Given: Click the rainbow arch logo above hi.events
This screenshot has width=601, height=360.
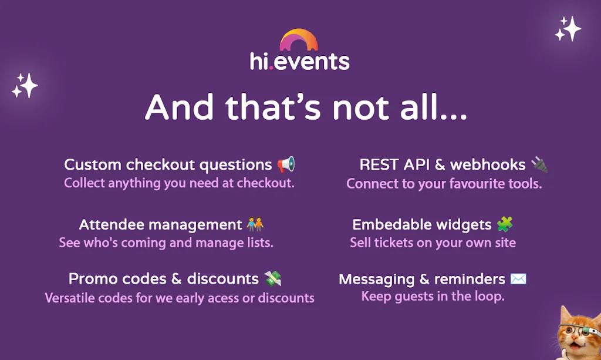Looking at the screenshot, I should tap(299, 40).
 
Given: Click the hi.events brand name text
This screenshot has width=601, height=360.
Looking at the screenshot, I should tap(299, 61).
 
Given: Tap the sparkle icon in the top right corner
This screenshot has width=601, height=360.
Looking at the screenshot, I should tap(568, 29).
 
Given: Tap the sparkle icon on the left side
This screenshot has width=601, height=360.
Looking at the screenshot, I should tap(25, 86).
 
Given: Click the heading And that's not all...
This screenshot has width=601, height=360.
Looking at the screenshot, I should tap(306, 107).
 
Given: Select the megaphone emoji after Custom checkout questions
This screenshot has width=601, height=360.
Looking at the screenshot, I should tap(286, 164).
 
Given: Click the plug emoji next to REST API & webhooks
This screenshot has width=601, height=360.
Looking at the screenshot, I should tap(539, 164).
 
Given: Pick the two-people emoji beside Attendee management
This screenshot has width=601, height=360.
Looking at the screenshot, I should tap(255, 224).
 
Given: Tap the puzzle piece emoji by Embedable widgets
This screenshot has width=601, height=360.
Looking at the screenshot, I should tap(505, 224).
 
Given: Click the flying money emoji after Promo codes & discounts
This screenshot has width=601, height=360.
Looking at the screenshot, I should tap(272, 278).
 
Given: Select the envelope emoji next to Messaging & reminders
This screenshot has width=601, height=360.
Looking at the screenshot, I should tap(518, 279).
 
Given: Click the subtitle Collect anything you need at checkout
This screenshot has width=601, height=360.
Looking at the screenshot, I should tap(179, 183).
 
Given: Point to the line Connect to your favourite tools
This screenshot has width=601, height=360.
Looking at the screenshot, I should tap(444, 184).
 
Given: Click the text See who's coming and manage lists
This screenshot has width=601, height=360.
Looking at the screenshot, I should tap(166, 242).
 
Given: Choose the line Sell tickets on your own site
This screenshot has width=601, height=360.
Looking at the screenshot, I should tap(433, 242).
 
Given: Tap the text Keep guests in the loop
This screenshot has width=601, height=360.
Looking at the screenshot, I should tap(433, 296).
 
